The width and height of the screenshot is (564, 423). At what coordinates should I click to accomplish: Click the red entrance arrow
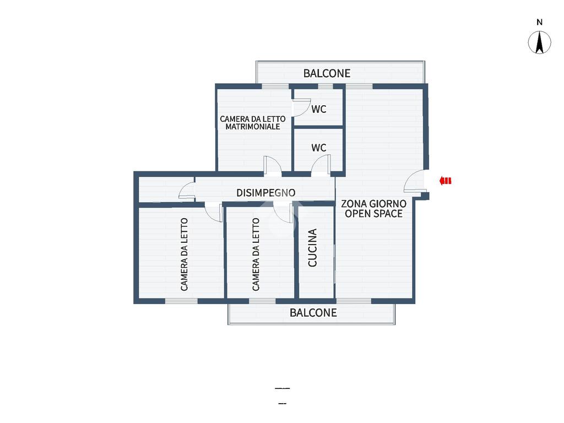(445, 181)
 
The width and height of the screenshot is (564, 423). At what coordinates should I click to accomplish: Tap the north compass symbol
(539, 42)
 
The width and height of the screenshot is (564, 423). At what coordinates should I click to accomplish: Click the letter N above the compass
(539, 22)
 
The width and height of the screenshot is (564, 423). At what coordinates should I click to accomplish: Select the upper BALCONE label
(327, 73)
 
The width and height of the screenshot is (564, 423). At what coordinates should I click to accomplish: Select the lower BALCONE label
(313, 313)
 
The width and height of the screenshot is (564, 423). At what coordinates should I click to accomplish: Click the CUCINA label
(313, 247)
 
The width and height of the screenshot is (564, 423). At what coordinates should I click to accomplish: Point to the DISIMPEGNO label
(266, 193)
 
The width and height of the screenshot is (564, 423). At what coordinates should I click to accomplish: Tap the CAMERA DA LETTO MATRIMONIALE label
(252, 123)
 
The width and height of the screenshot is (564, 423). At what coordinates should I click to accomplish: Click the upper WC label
(319, 109)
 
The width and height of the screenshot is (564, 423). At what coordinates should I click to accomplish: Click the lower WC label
(319, 148)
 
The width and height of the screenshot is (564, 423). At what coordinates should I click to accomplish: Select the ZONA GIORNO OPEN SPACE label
(374, 209)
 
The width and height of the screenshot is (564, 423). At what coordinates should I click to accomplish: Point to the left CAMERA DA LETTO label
(184, 254)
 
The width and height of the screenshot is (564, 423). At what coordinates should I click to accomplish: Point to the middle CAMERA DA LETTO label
(256, 254)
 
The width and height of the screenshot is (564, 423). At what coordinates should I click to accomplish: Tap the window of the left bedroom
(181, 301)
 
